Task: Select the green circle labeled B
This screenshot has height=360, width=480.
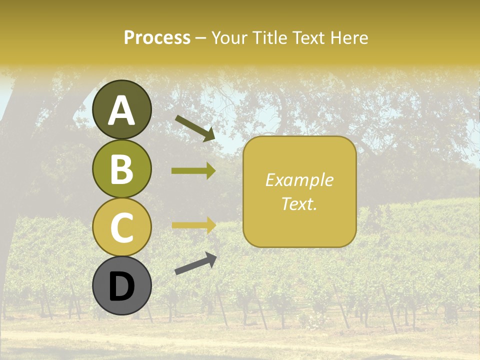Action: pos(122,169)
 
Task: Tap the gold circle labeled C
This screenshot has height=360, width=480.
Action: pos(122,226)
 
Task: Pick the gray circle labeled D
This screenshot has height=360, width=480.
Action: pos(122,285)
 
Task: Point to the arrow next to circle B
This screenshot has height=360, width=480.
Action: pos(193,171)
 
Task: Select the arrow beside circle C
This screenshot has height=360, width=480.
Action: pos(193,225)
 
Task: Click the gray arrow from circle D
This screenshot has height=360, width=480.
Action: pos(195,263)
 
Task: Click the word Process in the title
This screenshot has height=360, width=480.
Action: pos(157,38)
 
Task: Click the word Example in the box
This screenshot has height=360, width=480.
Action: pos(299,180)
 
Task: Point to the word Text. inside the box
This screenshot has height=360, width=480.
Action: pos(299,203)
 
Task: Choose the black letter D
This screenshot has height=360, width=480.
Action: pos(122,286)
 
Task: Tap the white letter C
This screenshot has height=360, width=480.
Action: pos(122,227)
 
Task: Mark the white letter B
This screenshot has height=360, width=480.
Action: pos(122,169)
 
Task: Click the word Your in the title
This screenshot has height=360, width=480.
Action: pos(228,38)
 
